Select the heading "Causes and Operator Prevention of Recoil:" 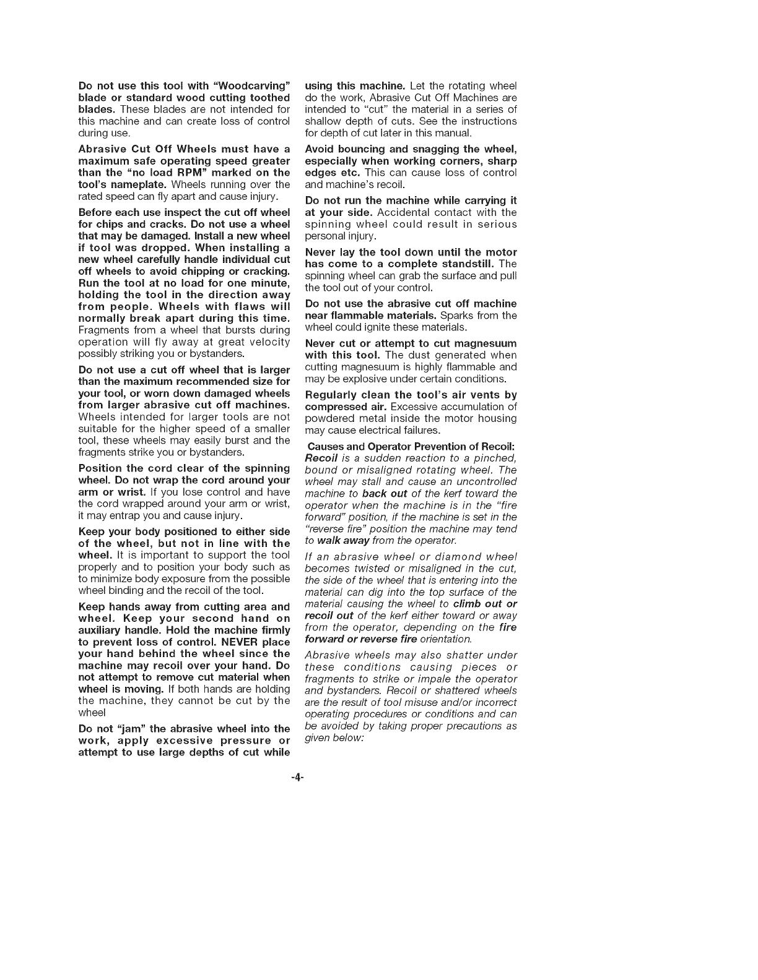click(411, 447)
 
